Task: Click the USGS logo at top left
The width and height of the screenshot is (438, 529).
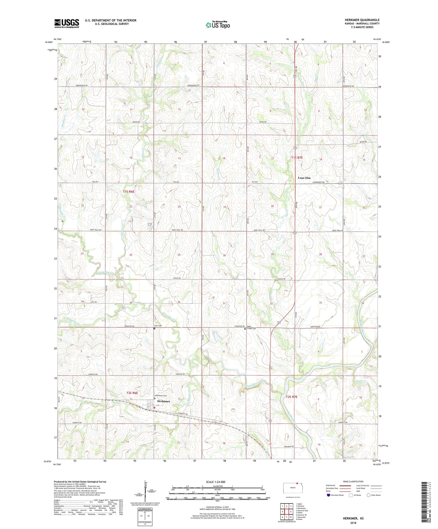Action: click(x=67, y=23)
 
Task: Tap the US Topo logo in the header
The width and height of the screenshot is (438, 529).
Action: click(x=218, y=25)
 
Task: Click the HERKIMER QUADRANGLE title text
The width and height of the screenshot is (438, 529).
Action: click(x=362, y=20)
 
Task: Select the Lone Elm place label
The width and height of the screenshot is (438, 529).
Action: click(x=304, y=178)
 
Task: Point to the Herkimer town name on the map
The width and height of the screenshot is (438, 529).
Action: click(x=163, y=401)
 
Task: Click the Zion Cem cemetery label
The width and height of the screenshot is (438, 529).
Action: click(x=158, y=326)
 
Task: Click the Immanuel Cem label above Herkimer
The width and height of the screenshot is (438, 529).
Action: click(x=161, y=395)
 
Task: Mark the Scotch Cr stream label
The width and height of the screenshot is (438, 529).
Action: click(x=363, y=381)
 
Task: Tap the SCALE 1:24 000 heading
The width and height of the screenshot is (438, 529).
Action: click(x=216, y=482)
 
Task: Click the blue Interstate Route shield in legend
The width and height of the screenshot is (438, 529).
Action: click(x=329, y=495)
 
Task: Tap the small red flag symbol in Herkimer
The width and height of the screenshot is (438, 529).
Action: click(x=155, y=408)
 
